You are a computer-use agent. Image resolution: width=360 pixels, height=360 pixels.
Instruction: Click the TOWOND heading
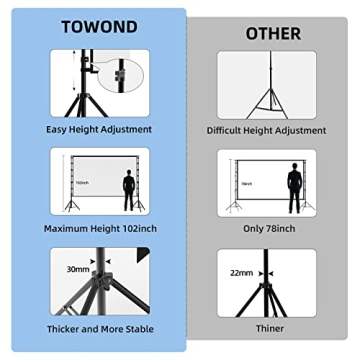99,28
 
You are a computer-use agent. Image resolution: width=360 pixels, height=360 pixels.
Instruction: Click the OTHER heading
273,33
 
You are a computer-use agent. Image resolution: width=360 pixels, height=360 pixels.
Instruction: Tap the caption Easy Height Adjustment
99,129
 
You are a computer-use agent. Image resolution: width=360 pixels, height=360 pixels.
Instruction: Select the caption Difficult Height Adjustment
266,130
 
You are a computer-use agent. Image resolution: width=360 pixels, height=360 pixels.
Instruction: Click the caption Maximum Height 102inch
99,228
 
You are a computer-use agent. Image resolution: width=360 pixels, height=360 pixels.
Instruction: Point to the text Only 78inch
266,229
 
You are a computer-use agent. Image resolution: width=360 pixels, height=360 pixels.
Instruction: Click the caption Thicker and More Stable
99,328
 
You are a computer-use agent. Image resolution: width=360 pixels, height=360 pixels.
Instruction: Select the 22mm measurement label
241,272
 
